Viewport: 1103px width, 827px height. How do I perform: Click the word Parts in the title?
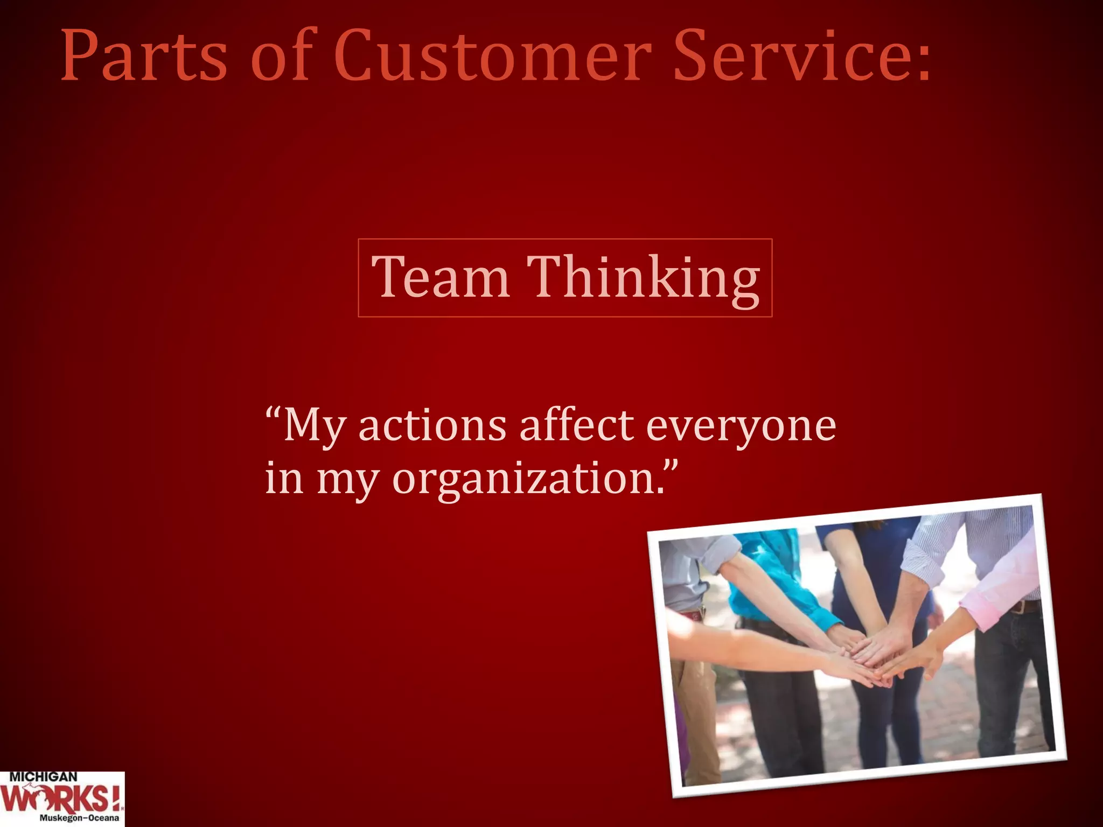tap(144, 57)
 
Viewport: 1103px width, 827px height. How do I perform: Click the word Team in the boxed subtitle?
tap(441, 278)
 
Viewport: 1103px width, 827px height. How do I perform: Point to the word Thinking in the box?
tap(643, 278)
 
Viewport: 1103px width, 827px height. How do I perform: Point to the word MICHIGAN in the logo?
tap(43, 777)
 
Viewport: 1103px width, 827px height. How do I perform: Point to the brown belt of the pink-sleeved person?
tap(1023, 607)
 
